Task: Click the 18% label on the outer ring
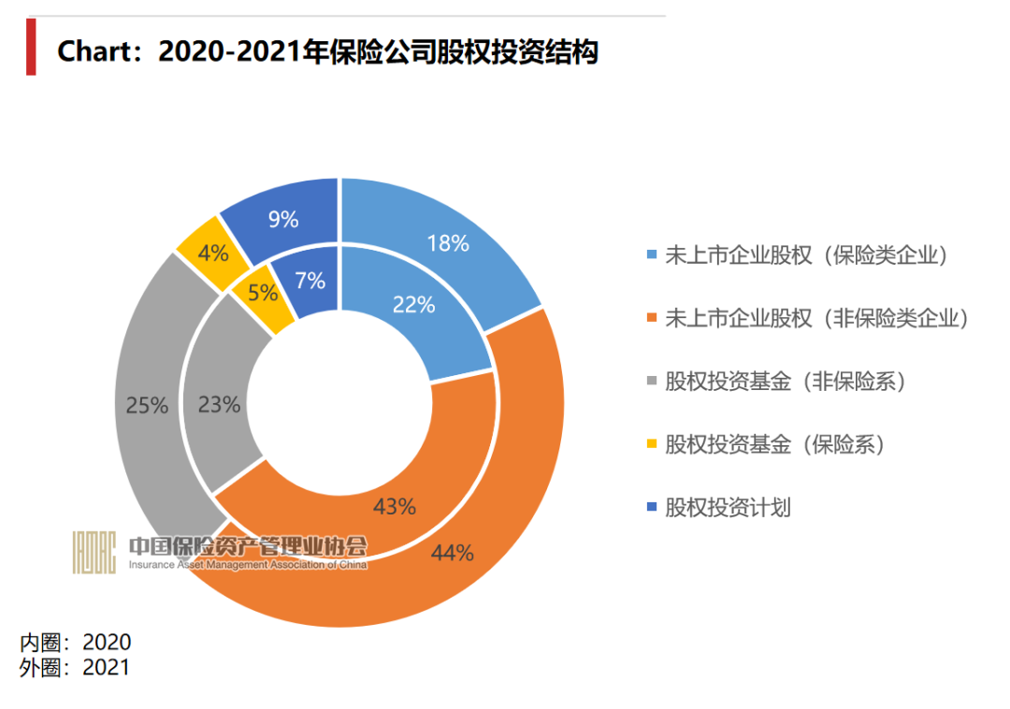pos(447,244)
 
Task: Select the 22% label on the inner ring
pos(413,304)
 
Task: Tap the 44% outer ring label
pos(452,553)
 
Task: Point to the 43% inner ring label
pos(394,507)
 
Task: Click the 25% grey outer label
pos(147,406)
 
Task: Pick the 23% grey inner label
pos(220,405)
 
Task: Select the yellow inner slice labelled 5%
pos(263,293)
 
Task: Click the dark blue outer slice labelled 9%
pos(282,220)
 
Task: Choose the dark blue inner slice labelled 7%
pos(310,280)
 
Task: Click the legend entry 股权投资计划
pos(728,508)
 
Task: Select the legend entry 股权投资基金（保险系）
pos(774,444)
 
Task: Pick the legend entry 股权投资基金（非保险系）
pos(786,382)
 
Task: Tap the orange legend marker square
pos(652,319)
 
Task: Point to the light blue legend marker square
pos(652,255)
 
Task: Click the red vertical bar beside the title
pos(31,46)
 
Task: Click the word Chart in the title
pos(96,51)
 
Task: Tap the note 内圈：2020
pos(76,643)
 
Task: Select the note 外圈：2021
pos(76,667)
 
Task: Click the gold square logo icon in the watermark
pos(94,552)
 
